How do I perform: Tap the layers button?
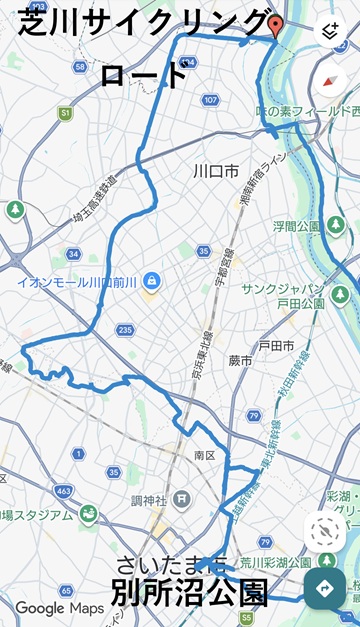[x=329, y=31]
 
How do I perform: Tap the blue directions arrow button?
[x=325, y=588]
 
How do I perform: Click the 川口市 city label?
[x=215, y=172]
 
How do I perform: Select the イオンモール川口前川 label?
[x=76, y=281]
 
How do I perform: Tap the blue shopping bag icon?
[x=151, y=281]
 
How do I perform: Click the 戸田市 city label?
[x=276, y=345]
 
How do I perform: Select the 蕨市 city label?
[x=240, y=360]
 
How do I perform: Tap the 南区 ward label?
[x=205, y=455]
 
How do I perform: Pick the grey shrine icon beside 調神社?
[x=180, y=497]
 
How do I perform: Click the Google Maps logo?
[x=59, y=607]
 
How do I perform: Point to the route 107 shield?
[x=209, y=100]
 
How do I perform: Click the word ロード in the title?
[x=144, y=74]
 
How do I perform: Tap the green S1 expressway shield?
[x=65, y=114]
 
